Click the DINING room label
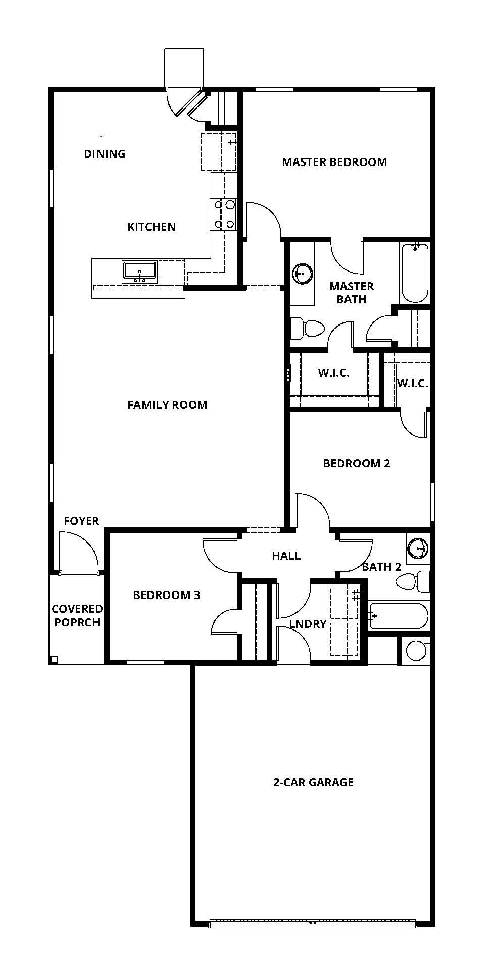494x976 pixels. [105, 154]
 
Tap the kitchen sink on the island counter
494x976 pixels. [139, 272]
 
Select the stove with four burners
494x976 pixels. [224, 214]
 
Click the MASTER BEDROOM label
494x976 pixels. [334, 162]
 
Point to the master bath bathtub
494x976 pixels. [414, 273]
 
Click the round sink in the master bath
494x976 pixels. [302, 274]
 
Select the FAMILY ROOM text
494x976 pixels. [167, 405]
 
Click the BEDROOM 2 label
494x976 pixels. [357, 463]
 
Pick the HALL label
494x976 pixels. [286, 556]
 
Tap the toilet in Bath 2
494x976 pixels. [413, 582]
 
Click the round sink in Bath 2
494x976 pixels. [418, 548]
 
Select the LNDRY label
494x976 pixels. [308, 624]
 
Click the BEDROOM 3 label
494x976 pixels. [167, 595]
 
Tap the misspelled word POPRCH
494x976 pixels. [77, 622]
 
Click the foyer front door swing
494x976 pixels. [78, 553]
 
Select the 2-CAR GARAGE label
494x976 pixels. [313, 782]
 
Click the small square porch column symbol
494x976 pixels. [54, 659]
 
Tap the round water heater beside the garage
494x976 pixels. [416, 650]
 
